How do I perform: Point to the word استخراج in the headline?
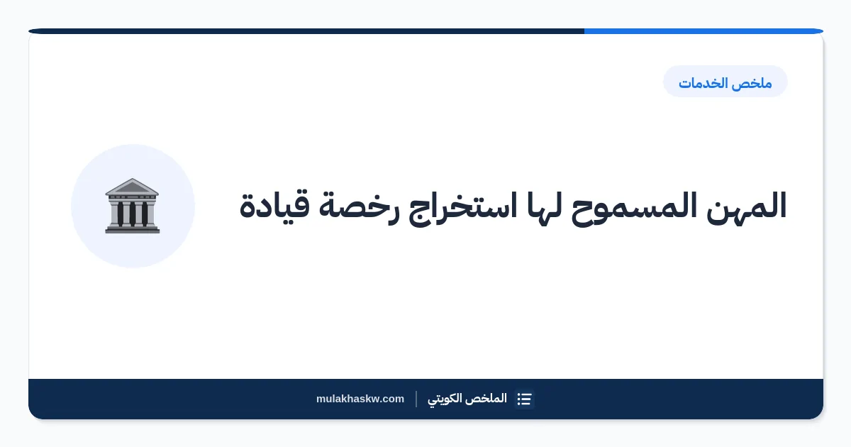pyautogui.click(x=462, y=207)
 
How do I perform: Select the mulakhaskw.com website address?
pyautogui.click(x=360, y=399)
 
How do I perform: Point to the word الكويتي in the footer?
pyautogui.click(x=445, y=399)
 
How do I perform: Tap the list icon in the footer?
pyautogui.click(x=524, y=399)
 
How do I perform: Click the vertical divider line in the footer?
pyautogui.click(x=416, y=399)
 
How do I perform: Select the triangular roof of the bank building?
pyautogui.click(x=132, y=187)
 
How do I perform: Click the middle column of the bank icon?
pyautogui.click(x=132, y=214)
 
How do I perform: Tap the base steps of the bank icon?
pyautogui.click(x=132, y=229)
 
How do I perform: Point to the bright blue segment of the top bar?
pyautogui.click(x=703, y=31)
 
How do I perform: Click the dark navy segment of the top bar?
pyautogui.click(x=306, y=31)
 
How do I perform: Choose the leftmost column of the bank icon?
pyautogui.click(x=120, y=214)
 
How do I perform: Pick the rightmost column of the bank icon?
pyautogui.click(x=145, y=214)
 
